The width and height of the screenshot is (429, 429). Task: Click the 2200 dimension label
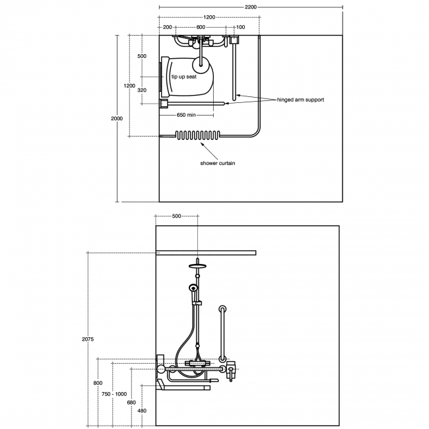pos(251,7)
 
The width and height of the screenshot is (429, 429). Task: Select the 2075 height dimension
pos(88,339)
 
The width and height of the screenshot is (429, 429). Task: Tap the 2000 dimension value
pos(117,118)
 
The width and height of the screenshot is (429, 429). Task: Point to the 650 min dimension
pos(186,115)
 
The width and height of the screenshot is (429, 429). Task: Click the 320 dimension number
pos(142,90)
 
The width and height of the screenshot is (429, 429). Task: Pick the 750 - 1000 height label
pos(114,394)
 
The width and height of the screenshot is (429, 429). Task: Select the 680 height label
pos(131,403)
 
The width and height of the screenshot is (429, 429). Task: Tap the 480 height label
pos(142,411)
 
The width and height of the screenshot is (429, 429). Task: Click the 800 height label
pos(98,383)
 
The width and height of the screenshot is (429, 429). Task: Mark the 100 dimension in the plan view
pos(240,27)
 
